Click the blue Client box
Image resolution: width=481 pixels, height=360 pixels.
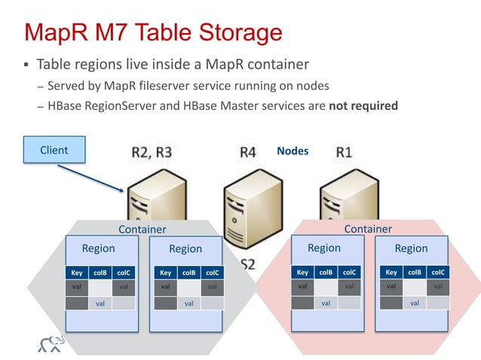[54, 151]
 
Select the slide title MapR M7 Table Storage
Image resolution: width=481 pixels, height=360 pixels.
[153, 32]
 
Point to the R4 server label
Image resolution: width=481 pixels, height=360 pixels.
[248, 152]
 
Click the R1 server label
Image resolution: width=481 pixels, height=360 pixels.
[344, 152]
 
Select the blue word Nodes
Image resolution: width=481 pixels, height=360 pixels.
[293, 151]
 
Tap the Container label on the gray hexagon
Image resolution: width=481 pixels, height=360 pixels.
[142, 229]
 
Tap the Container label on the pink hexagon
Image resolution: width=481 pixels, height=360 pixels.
[368, 229]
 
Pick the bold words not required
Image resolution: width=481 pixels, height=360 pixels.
[363, 106]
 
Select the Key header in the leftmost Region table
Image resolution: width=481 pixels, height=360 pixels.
[76, 273]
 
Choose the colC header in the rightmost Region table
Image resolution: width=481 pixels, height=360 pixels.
[438, 273]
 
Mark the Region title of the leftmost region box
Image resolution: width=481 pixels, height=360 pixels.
[98, 249]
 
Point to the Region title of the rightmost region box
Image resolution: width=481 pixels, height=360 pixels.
[411, 249]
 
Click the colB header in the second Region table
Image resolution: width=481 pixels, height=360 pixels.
[189, 273]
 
